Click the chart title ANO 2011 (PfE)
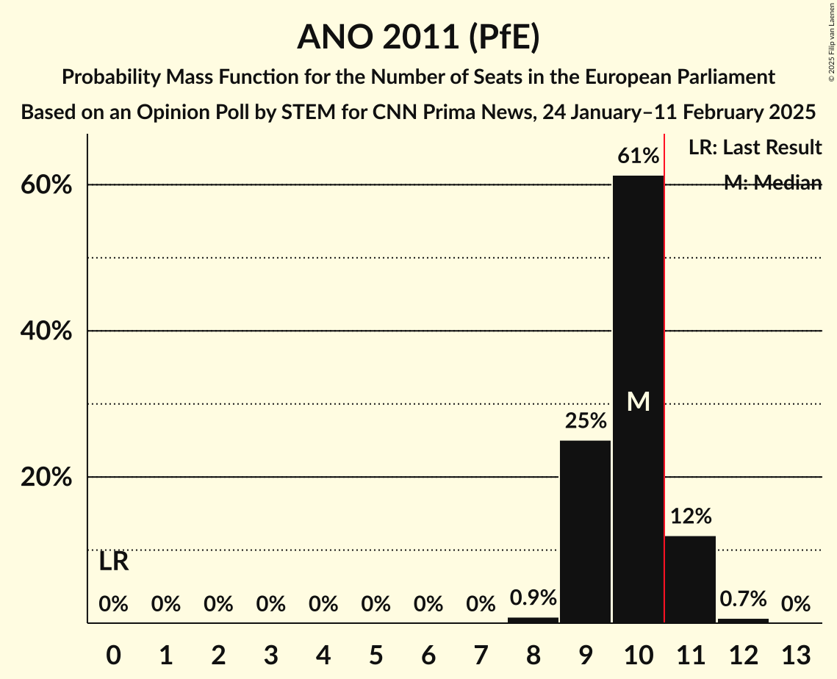pos(418,37)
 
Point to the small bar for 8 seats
pos(533,620)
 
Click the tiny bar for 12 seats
pos(743,621)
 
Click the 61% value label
pos(638,156)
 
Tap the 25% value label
pos(585,421)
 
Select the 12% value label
pos(690,517)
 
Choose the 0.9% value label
pos(533,598)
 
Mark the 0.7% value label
pos(743,599)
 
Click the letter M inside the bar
pos(638,401)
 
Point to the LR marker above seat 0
pos(114,562)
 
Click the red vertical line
pos(664,367)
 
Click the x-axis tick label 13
pos(795,654)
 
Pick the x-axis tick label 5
pos(376,654)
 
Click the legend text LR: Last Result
pos(755,148)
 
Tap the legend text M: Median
pos(772,183)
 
